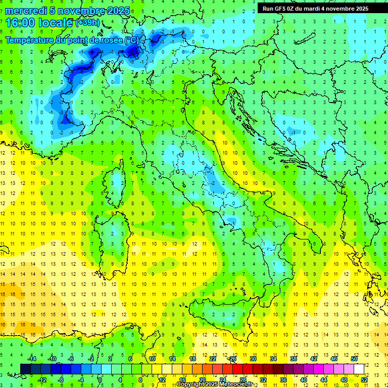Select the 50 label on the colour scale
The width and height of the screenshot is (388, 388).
coord(354,359)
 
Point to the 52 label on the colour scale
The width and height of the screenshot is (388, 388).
coord(364,380)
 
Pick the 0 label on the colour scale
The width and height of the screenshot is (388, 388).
coord(101,380)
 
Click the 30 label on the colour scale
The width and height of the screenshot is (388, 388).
coord(253,359)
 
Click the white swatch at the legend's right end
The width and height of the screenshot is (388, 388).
coord(359,369)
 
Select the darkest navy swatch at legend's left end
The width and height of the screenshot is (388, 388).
coord(25,369)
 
